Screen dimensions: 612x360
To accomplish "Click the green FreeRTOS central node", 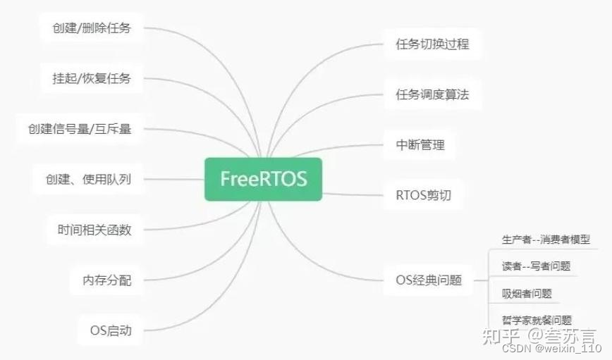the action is click(x=263, y=179).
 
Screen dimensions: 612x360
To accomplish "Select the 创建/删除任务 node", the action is click(x=92, y=28).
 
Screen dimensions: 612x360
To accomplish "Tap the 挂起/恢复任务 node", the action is click(x=92, y=78).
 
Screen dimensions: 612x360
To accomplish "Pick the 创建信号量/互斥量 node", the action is click(x=80, y=129).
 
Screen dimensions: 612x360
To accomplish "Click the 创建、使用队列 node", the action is click(x=83, y=179).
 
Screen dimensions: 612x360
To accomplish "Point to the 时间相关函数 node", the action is click(x=94, y=230).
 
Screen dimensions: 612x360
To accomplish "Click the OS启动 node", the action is click(x=111, y=330).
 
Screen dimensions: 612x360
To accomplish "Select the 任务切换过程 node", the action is click(x=432, y=44).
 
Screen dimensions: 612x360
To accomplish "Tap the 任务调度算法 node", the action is click(x=432, y=94).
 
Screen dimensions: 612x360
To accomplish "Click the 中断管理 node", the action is click(x=420, y=145).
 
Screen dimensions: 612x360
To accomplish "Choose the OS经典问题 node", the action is click(x=429, y=280).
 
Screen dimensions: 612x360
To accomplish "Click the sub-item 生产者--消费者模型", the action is click(x=546, y=240).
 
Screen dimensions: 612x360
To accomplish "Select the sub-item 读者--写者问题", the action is click(x=536, y=266).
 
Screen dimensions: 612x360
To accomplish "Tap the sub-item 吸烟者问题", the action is click(x=527, y=293).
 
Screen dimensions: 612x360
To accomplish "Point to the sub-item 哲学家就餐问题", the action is click(x=537, y=320).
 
